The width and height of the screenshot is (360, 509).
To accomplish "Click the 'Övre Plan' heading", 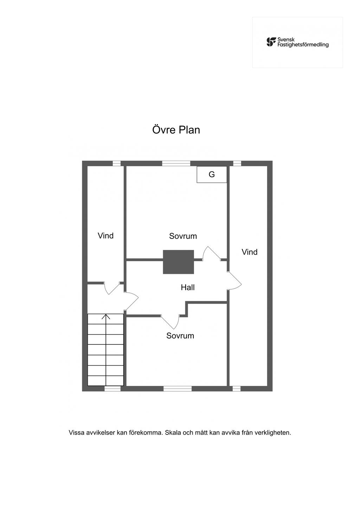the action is (x=176, y=130).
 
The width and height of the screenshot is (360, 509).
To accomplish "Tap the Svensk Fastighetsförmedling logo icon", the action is (x=271, y=42).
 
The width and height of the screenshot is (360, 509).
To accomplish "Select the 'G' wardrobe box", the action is (x=212, y=174).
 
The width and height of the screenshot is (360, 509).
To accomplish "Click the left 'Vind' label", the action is (x=105, y=236).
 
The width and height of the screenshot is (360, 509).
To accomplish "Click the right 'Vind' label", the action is (x=249, y=252).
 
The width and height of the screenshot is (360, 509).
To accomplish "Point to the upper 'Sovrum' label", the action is (x=183, y=236).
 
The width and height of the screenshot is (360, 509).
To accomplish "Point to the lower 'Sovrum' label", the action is (x=180, y=336).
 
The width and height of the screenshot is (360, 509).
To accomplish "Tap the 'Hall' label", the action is (x=188, y=288).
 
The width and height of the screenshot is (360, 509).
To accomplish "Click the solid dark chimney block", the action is (x=178, y=262).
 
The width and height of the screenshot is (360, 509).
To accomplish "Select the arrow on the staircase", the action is (x=106, y=350).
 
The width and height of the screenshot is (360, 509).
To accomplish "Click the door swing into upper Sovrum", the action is (x=211, y=253).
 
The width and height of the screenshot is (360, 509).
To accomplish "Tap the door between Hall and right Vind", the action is (x=234, y=281).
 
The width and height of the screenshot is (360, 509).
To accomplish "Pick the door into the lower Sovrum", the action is (x=170, y=322).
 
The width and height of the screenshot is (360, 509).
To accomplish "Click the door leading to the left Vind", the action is (x=112, y=288).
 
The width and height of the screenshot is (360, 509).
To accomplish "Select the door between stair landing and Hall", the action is (x=131, y=301).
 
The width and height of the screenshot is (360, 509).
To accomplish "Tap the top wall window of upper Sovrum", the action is (x=176, y=163).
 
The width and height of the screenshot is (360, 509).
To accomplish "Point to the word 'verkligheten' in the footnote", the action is (x=273, y=433).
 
